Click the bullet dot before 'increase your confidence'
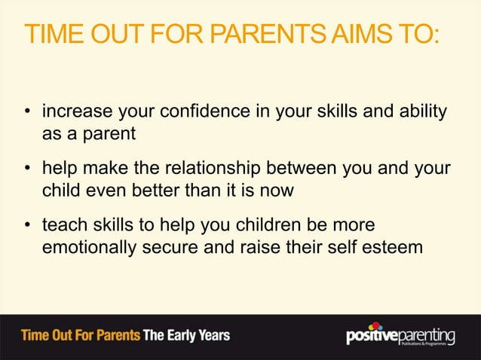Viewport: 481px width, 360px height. point(27,114)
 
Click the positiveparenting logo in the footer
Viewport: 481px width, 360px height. point(400,334)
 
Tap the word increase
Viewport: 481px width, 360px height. point(75,112)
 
